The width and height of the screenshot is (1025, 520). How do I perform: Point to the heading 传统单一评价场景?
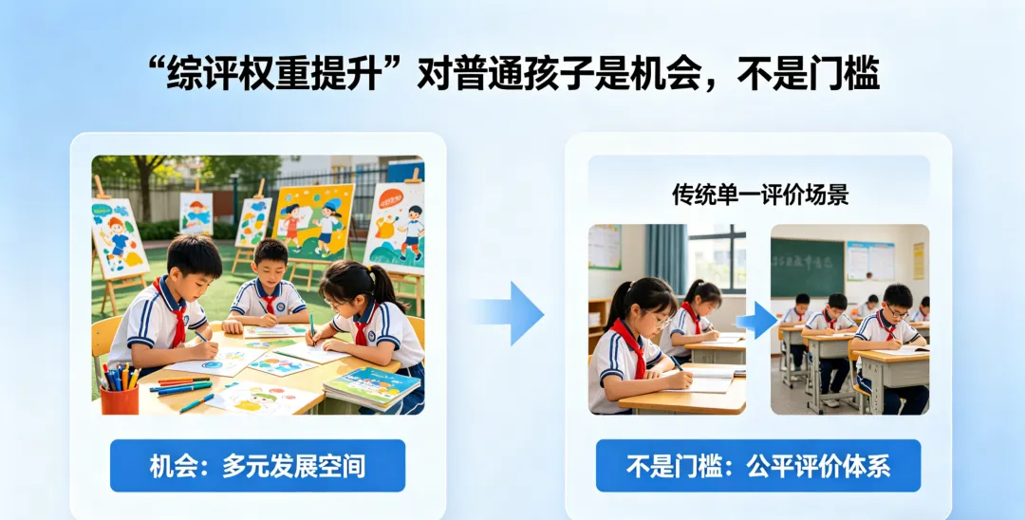[x=759, y=195]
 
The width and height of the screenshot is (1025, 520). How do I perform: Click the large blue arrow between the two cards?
[x=512, y=312]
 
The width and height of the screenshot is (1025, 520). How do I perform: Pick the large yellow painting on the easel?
[x=313, y=220]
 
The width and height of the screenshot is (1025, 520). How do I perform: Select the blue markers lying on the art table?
[x=180, y=386]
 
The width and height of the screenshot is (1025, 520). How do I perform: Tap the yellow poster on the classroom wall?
[x=918, y=260]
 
